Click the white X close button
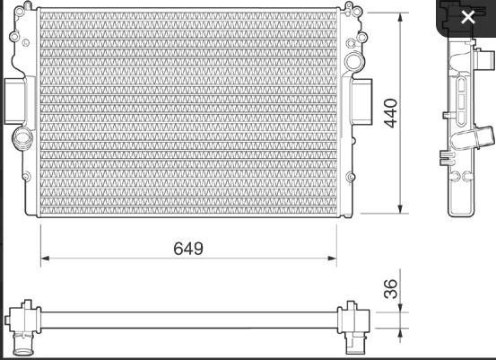467,16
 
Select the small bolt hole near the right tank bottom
350,172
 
